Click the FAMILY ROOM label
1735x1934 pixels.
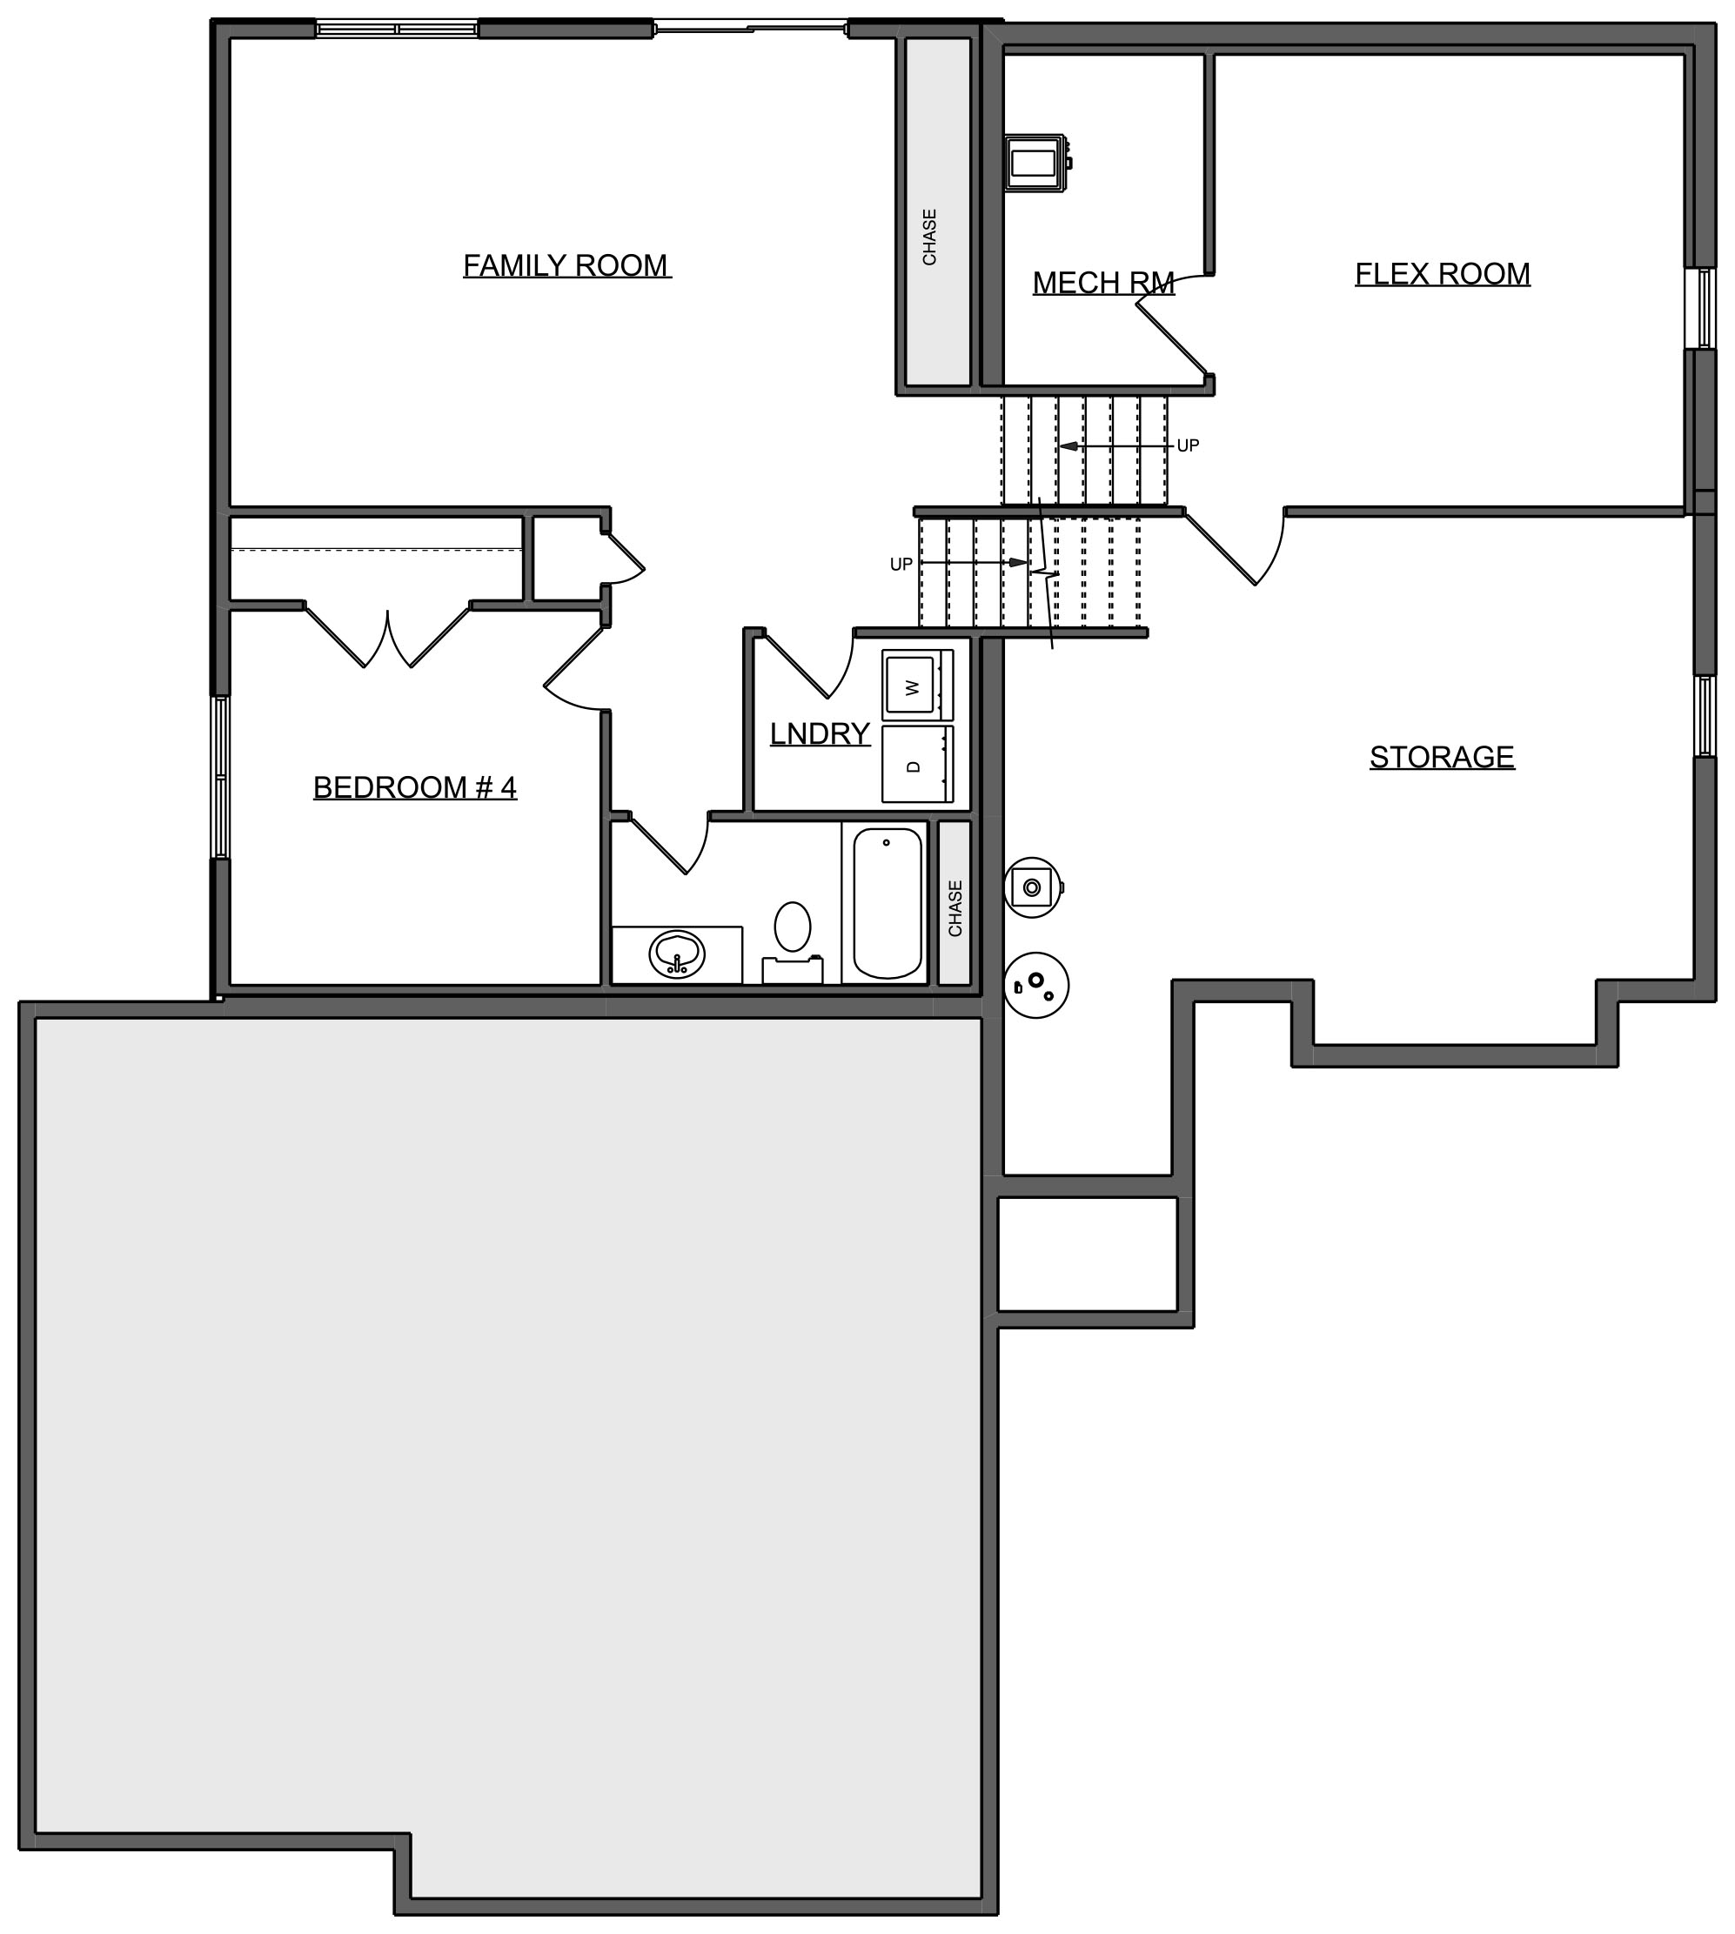coord(567,265)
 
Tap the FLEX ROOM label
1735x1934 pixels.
coord(1443,275)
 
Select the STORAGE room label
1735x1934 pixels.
coord(1442,757)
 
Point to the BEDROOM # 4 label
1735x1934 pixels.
coord(415,787)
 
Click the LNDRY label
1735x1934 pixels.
coord(820,733)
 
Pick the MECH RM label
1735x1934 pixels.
coord(1103,283)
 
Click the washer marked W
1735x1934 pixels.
coord(917,686)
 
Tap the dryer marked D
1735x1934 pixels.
coord(917,765)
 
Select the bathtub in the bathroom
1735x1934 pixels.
coord(888,903)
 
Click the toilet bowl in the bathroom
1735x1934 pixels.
coord(792,927)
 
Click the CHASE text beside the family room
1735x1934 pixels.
coord(929,238)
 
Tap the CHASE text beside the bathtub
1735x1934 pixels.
coord(955,908)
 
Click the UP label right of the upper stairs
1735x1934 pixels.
coord(1188,446)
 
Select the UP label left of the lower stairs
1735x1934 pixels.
coord(901,565)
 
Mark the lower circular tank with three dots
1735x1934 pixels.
coord(1036,986)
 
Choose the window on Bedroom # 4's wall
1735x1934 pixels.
coord(220,778)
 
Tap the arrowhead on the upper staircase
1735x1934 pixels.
coord(1068,446)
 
